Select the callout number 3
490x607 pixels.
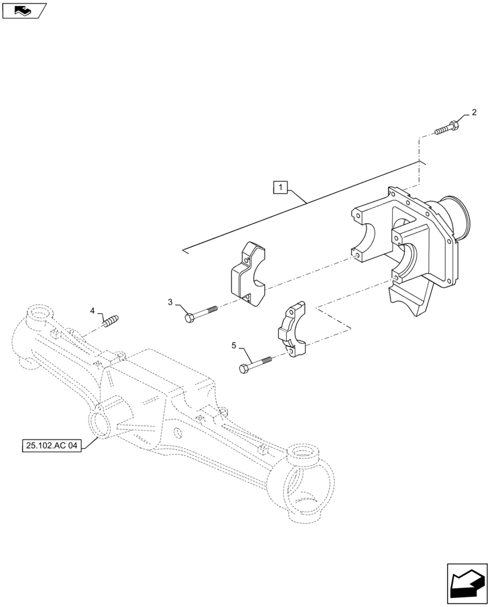pyautogui.click(x=171, y=302)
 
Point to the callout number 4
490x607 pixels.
pyautogui.click(x=93, y=311)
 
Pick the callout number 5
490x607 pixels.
pyautogui.click(x=234, y=345)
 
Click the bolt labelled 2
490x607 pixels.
pyautogui.click(x=446, y=129)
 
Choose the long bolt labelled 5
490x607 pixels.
pyautogui.click(x=257, y=364)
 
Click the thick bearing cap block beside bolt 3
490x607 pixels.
pyautogui.click(x=249, y=274)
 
